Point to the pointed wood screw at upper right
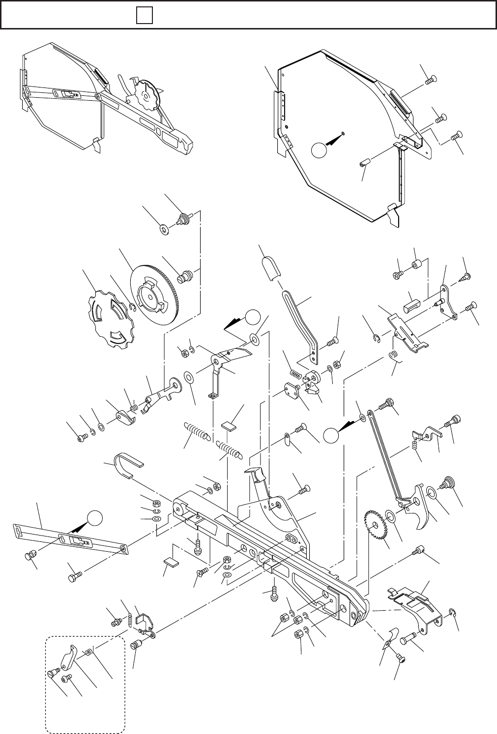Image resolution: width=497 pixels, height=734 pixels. [x=465, y=277]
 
